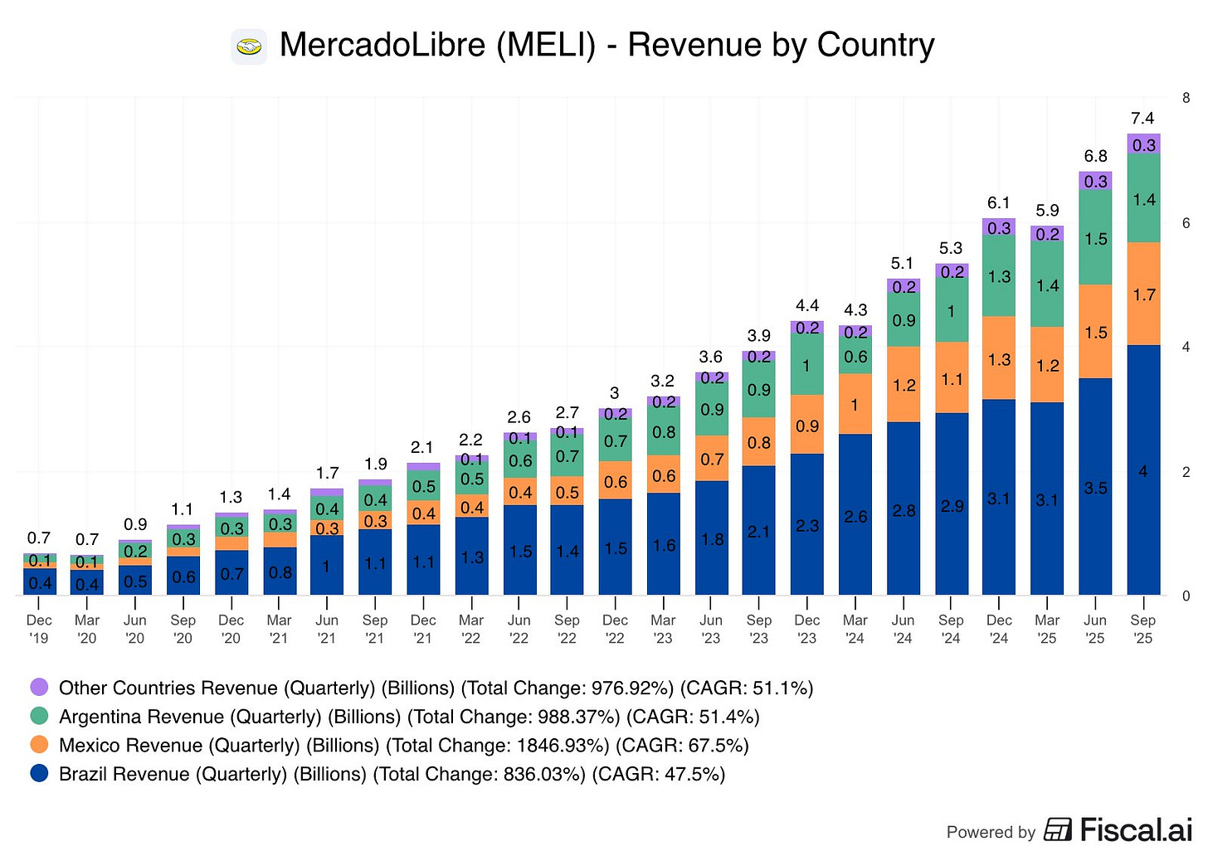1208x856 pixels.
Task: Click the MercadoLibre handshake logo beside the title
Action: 249,47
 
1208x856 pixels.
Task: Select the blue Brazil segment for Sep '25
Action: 1143,469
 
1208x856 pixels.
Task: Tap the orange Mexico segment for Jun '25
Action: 1095,332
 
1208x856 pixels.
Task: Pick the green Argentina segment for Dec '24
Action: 999,276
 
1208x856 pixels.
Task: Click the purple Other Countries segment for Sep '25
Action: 1143,144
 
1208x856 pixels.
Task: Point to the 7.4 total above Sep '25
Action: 1142,118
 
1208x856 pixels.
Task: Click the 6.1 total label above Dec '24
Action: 999,202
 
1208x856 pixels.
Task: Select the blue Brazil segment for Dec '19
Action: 39,582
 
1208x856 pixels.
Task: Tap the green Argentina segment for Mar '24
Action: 855,356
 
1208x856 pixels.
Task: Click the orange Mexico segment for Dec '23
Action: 807,425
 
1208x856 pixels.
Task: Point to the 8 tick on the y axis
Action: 1186,98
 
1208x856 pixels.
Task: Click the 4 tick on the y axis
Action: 1186,347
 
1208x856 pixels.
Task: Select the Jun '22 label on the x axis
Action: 519,629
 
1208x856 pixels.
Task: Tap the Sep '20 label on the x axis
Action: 183,629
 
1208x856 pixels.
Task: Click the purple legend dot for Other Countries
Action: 39,687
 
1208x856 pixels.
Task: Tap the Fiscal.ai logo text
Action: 1135,829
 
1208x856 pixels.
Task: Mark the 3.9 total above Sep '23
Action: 759,335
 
